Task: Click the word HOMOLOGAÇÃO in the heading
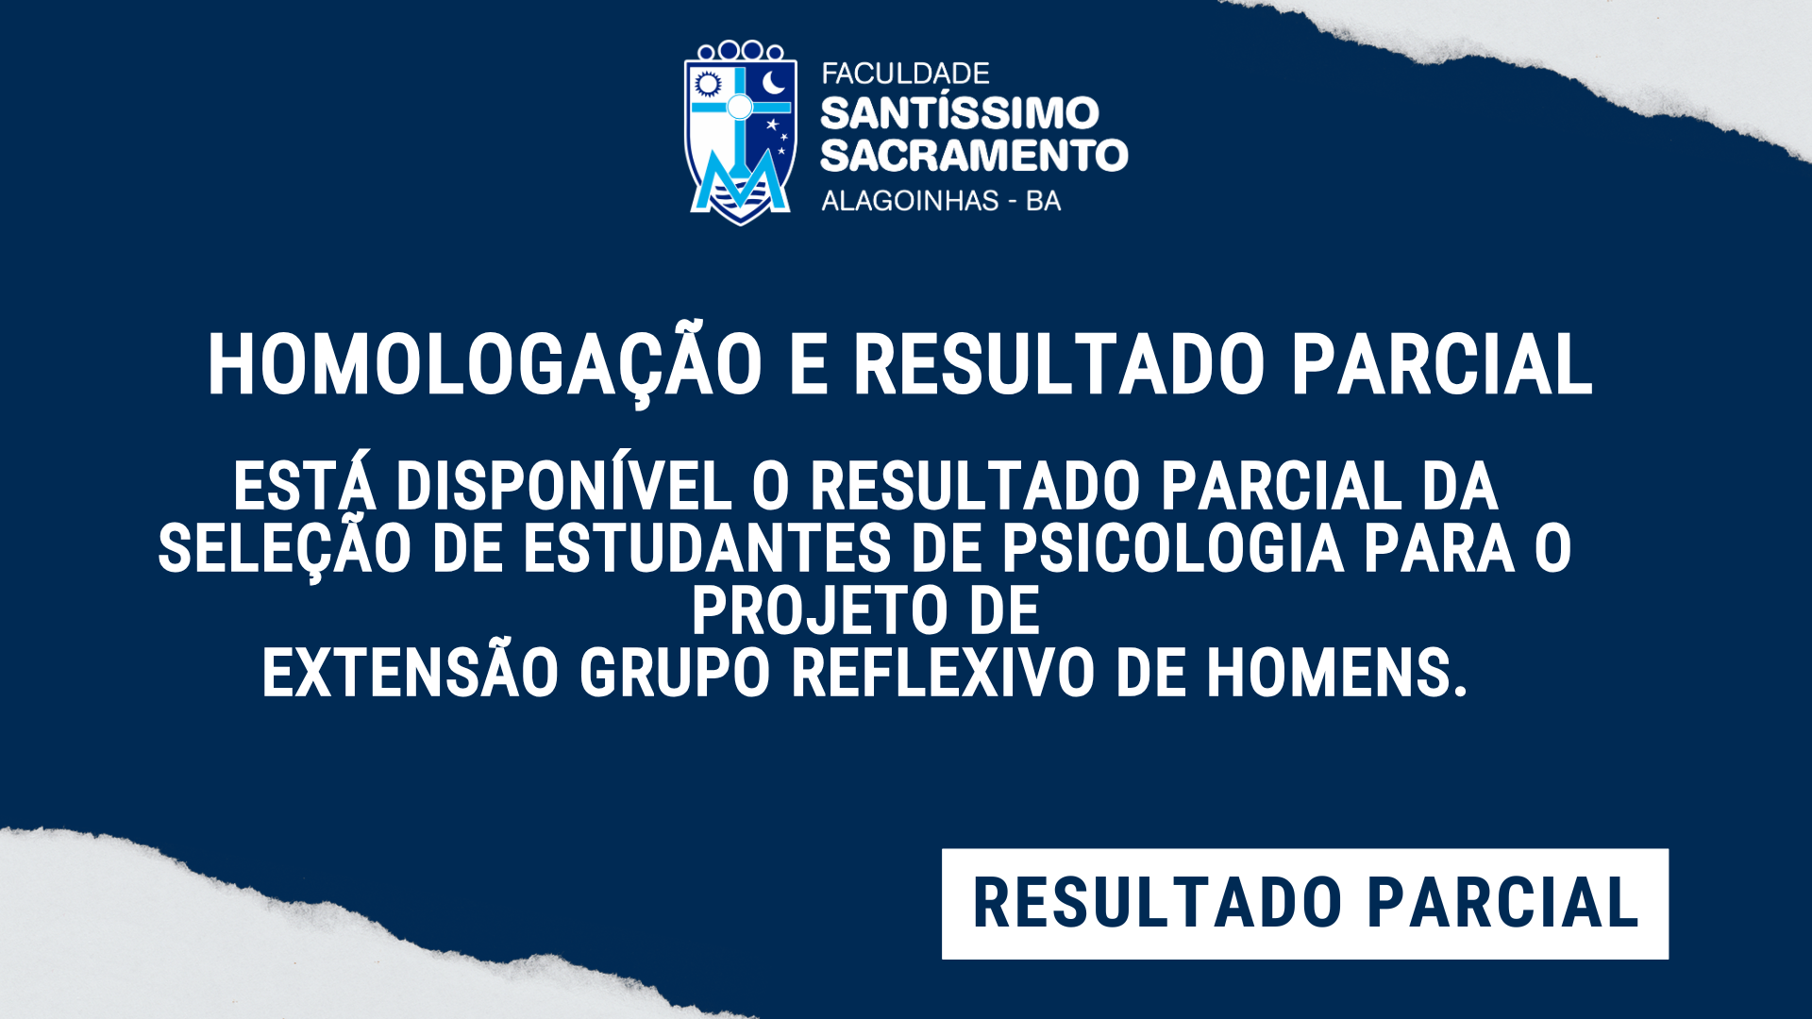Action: pos(485,364)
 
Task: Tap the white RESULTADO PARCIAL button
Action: pos(1305,904)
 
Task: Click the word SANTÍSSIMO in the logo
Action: pos(960,112)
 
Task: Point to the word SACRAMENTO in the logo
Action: pos(974,156)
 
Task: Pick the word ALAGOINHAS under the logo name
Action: pos(910,201)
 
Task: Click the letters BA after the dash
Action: pos(1043,201)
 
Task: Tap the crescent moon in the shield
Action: pos(774,82)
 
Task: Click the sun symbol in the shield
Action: pos(708,85)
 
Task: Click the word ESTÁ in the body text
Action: pos(305,485)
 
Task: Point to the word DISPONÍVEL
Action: pos(563,485)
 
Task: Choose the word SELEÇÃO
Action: pos(284,550)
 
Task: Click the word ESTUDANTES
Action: pos(707,548)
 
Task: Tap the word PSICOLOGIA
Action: pos(1172,548)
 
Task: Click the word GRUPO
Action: pos(675,673)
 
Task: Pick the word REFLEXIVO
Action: pos(943,673)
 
